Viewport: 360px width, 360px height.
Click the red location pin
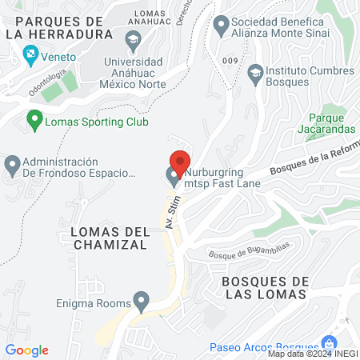pos(179,162)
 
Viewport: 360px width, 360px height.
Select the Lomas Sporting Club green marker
pos(34,122)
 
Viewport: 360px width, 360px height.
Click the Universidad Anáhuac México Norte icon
pos(131,38)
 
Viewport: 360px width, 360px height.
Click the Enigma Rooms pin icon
pos(142,302)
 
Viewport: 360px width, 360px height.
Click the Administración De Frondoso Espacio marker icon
pos(13,166)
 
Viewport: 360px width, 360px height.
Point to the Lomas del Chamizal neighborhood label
pos(104,238)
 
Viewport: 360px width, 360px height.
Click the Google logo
pos(27,350)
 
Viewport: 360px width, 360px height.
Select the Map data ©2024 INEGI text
pos(311,354)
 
